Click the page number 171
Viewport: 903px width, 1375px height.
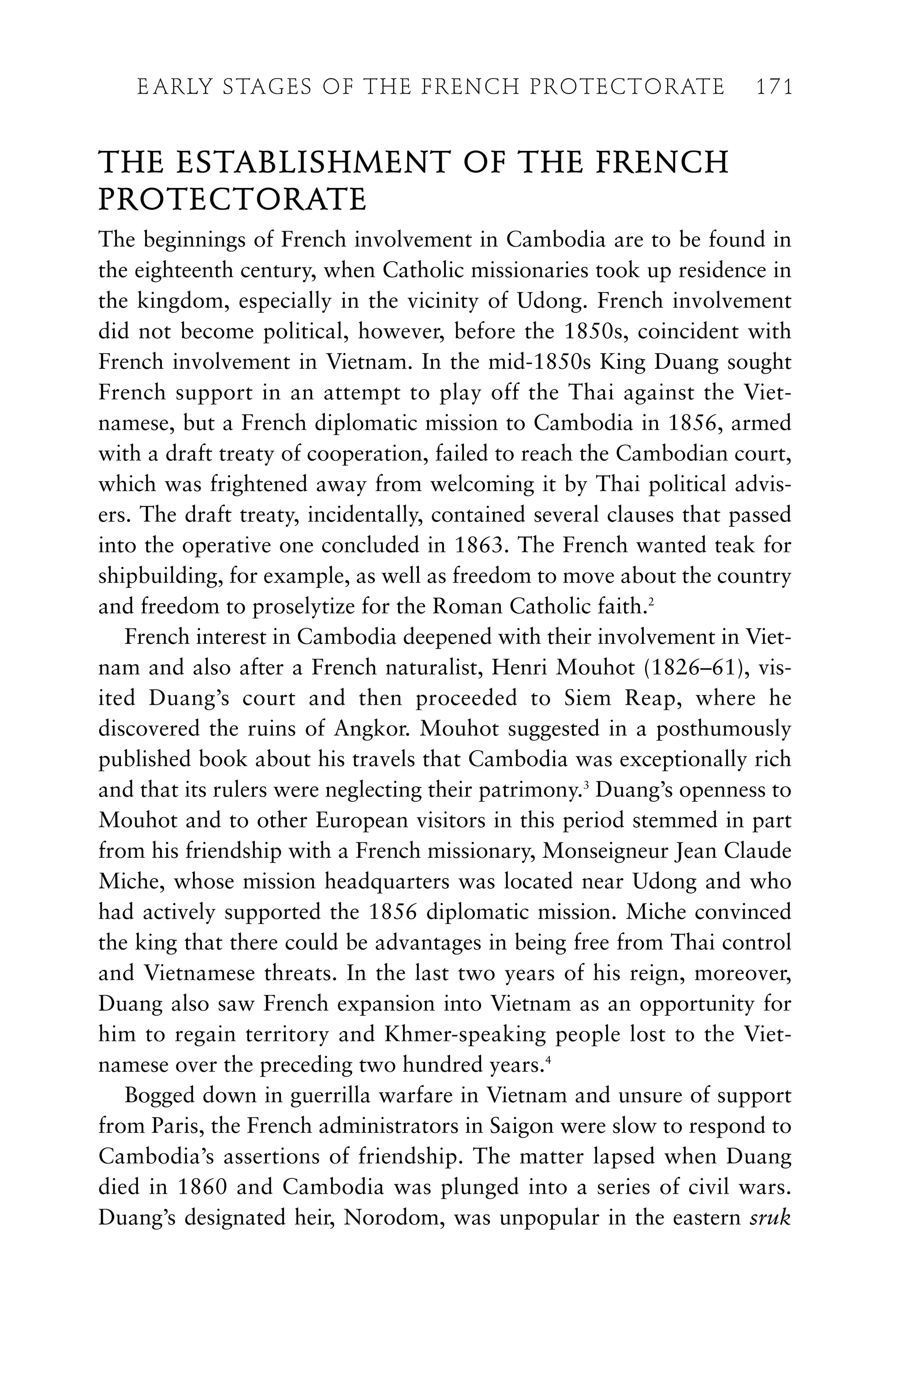[774, 87]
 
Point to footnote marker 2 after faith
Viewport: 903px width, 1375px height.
[651, 602]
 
